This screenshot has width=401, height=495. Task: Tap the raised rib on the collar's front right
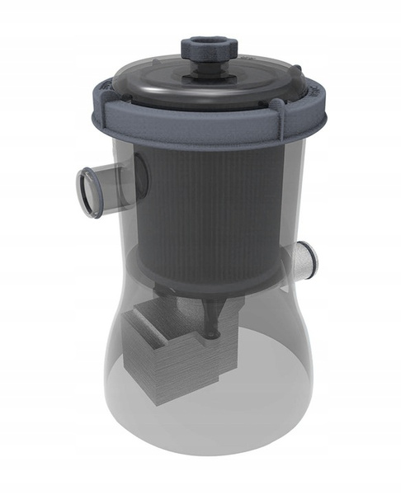(x=277, y=124)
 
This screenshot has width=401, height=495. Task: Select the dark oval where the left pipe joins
(x=139, y=174)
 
